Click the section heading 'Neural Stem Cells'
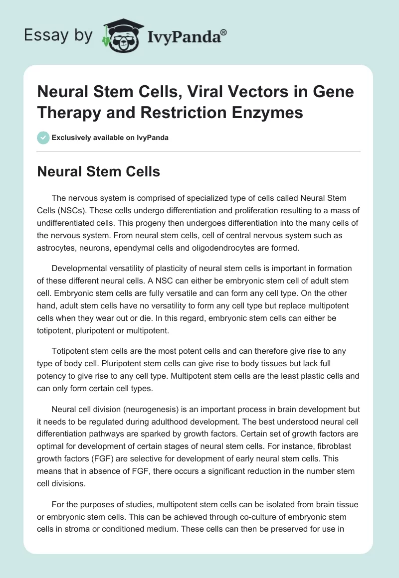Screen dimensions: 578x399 point(99,172)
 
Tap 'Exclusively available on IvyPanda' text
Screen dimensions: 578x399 point(110,138)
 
